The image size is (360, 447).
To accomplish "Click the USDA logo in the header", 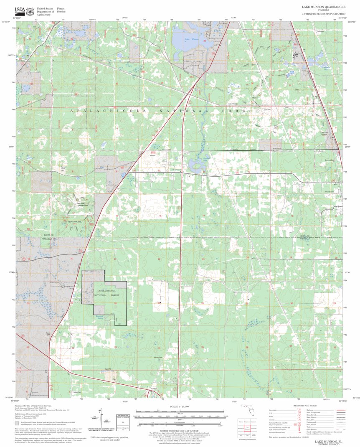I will pyautogui.click(x=20, y=11).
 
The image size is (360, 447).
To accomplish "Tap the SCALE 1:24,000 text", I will pyautogui.click(x=180, y=406).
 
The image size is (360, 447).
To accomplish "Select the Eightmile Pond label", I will pyautogui.click(x=195, y=159).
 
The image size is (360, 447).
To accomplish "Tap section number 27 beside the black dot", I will pyautogui.click(x=159, y=302).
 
